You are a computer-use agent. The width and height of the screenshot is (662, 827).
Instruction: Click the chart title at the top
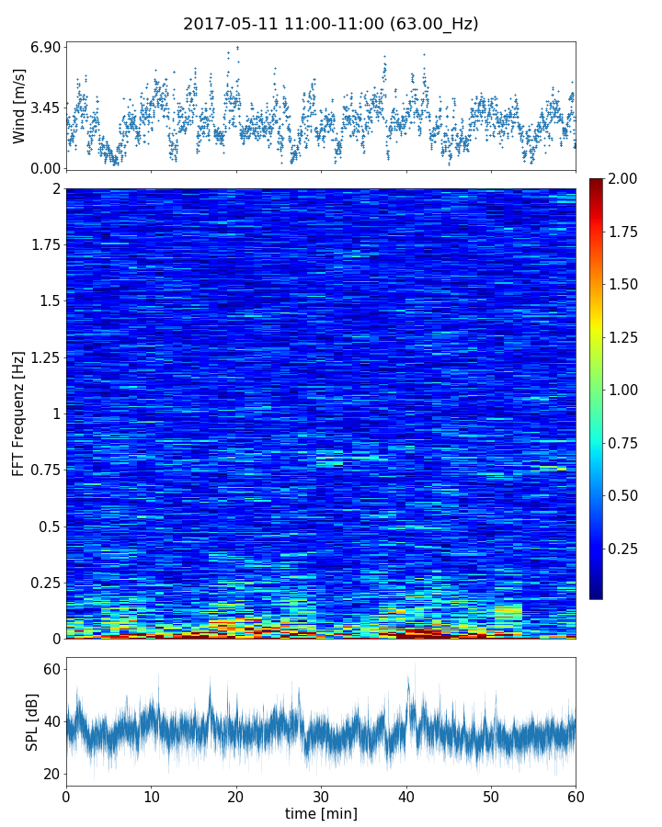click(x=330, y=24)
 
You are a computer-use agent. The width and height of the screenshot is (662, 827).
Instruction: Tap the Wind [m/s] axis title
click(x=19, y=108)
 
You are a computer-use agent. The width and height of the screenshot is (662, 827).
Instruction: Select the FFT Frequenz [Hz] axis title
click(x=19, y=413)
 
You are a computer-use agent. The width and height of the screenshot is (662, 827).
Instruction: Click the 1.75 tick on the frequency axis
click(x=43, y=244)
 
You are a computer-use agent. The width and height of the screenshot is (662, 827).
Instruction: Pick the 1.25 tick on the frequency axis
click(x=43, y=357)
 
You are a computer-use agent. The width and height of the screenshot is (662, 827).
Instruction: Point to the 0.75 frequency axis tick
click(x=43, y=470)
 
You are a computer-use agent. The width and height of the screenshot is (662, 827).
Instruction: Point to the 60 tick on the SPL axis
click(x=51, y=669)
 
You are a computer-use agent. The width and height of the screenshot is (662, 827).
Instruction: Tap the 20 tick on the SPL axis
click(x=51, y=774)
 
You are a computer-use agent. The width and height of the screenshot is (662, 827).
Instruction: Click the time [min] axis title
click(x=321, y=813)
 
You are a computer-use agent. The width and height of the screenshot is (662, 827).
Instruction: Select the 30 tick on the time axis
click(x=321, y=794)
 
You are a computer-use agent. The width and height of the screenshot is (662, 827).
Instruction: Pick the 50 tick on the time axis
click(x=491, y=794)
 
